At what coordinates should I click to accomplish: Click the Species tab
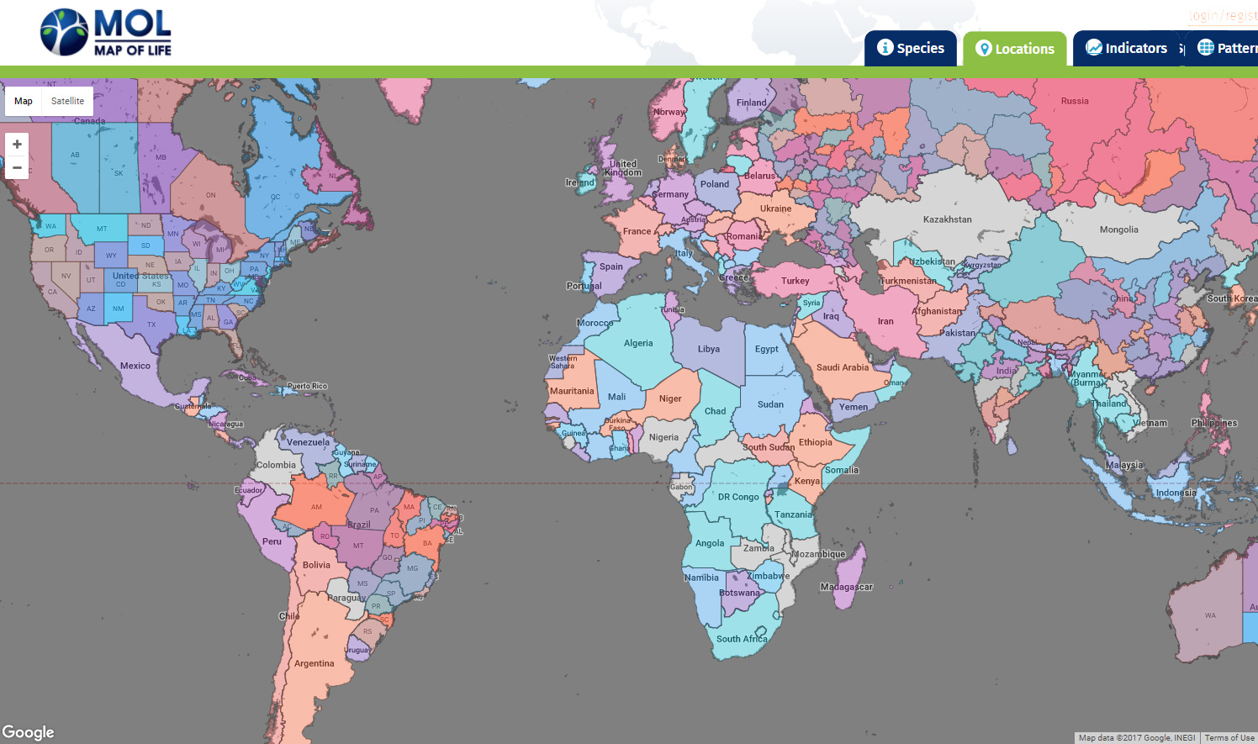pos(911,48)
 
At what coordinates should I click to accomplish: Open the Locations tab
pos(1015,49)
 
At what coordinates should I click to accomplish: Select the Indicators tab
pos(1127,48)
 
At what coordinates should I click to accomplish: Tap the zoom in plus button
pos(17,145)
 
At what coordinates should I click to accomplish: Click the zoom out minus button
pos(17,167)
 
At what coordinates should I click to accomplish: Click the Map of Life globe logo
pos(64,32)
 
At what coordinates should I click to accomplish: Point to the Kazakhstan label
pos(947,219)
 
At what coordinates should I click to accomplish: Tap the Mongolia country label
pos(1118,230)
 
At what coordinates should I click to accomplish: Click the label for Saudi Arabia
pos(842,367)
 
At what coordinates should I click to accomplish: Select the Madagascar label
pos(846,587)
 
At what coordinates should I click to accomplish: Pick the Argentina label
pos(314,663)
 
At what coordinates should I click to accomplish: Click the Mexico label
pos(135,366)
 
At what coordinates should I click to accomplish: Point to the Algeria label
pos(637,343)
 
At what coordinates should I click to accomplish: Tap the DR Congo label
pos(737,497)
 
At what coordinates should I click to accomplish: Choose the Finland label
pos(751,103)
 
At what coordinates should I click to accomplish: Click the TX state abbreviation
pos(151,325)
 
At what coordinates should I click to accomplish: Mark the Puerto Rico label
pos(307,386)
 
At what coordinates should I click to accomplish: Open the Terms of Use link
pos(1229,738)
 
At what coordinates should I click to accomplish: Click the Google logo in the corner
pos(28,732)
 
